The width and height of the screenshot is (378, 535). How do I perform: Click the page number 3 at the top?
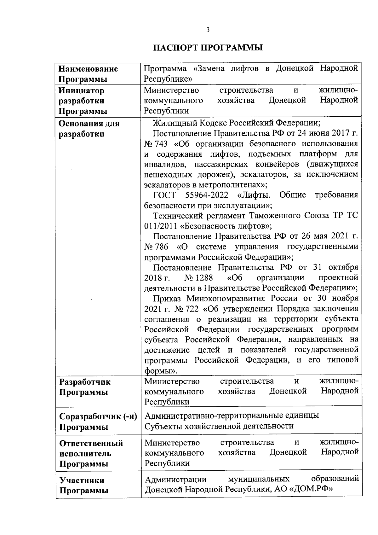[208, 30]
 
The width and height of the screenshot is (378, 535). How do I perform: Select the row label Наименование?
[89, 69]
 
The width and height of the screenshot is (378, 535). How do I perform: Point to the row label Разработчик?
[85, 382]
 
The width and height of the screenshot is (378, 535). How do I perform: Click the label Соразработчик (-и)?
[98, 416]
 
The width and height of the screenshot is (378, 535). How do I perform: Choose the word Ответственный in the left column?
[91, 443]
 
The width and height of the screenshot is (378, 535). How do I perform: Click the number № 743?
[156, 144]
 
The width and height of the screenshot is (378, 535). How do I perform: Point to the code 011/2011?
[161, 226]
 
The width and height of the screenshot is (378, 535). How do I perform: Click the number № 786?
[156, 247]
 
